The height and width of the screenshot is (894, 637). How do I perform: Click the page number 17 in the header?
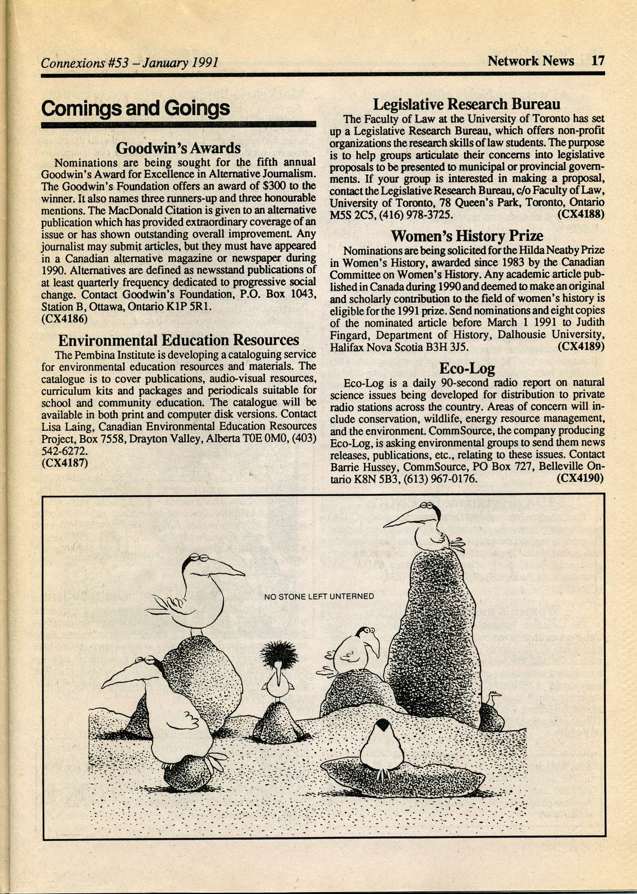click(x=597, y=60)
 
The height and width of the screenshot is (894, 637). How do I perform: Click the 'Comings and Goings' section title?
click(x=135, y=108)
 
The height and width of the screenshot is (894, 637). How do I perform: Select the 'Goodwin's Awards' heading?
click(x=178, y=148)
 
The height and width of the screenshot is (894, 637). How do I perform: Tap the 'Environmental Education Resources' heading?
click(x=178, y=340)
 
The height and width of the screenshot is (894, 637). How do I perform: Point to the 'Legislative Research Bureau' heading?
click(x=466, y=104)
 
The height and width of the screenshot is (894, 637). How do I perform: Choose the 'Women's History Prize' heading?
click(x=466, y=236)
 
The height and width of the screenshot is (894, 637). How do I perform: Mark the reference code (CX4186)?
click(x=64, y=319)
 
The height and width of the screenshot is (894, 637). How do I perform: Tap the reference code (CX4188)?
click(x=581, y=214)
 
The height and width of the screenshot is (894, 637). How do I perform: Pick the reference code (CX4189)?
click(x=581, y=347)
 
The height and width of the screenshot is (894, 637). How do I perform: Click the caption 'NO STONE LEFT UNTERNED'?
click(x=319, y=596)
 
